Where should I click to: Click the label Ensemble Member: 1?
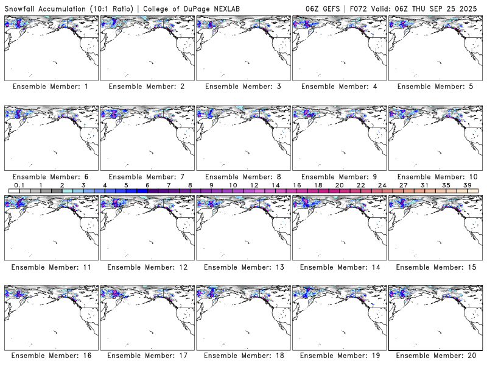(51, 87)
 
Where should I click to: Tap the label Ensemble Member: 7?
(147, 177)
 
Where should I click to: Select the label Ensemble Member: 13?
(242, 267)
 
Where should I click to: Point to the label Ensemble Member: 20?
(435, 355)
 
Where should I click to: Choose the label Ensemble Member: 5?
(435, 87)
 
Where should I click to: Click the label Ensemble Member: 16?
(51, 355)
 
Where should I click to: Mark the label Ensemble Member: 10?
(435, 177)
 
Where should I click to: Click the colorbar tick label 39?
(467, 185)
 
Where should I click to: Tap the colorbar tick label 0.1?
(19, 185)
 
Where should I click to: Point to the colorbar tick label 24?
(382, 185)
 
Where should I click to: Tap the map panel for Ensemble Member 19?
(339, 317)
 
